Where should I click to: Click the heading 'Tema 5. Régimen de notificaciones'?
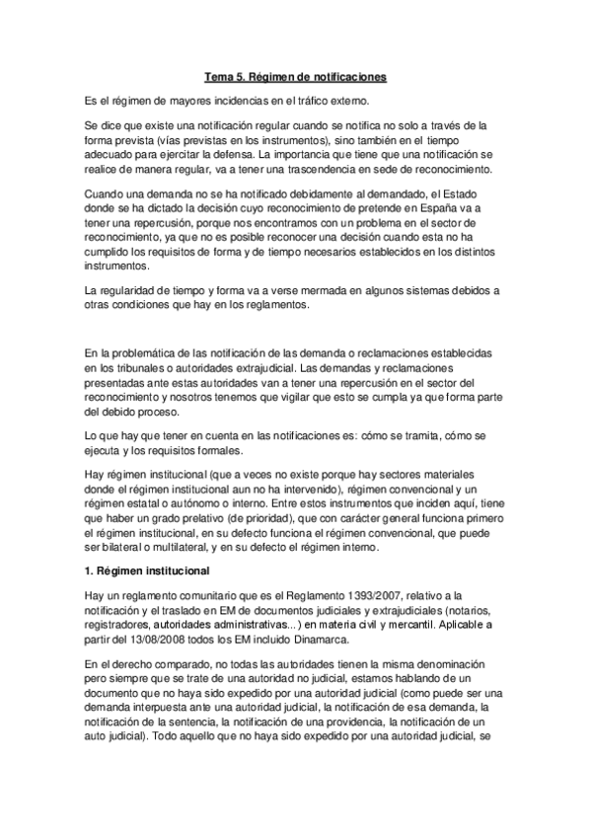(295, 76)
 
